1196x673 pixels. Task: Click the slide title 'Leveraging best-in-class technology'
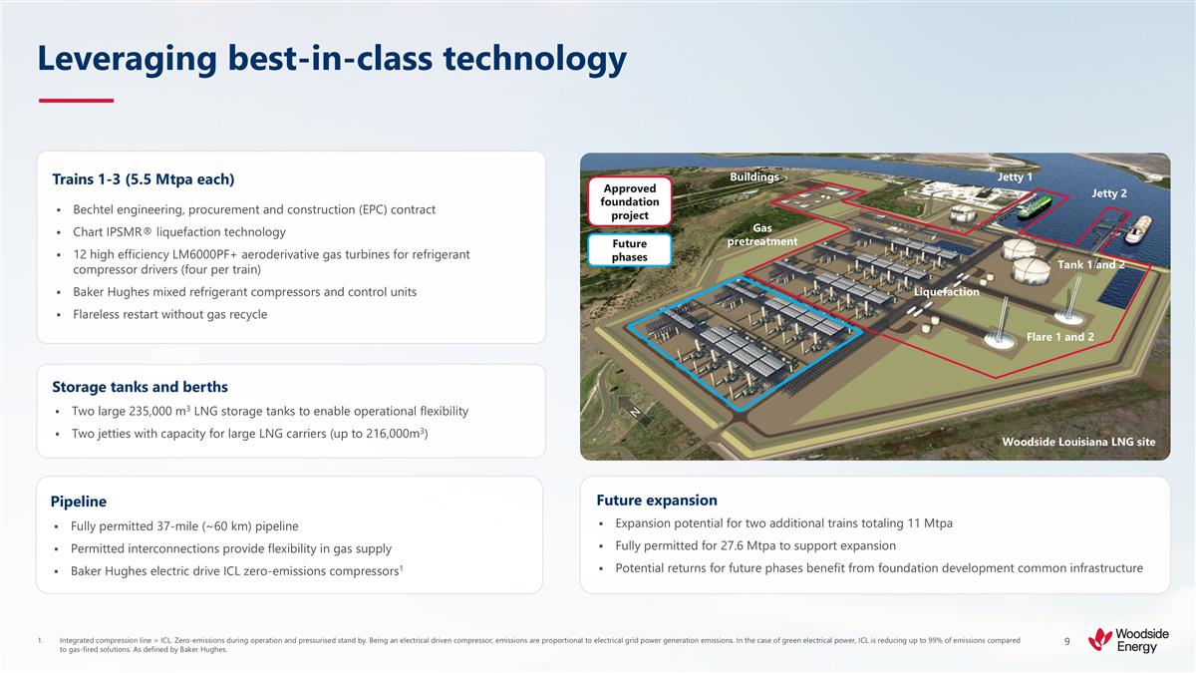point(331,60)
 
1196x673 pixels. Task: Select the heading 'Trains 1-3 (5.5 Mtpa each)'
point(143,179)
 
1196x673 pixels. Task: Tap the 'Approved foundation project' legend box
point(630,202)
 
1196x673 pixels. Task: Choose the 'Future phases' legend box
point(630,250)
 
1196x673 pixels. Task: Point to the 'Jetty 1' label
point(1015,177)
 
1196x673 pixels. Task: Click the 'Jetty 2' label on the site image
point(1108,193)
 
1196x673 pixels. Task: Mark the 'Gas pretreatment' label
point(761,235)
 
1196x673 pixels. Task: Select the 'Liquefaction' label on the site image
point(946,292)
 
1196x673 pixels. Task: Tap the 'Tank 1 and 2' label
point(1090,264)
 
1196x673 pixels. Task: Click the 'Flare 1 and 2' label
point(1059,337)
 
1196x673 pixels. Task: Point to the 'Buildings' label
point(753,177)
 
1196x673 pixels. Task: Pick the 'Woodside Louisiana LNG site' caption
point(1077,442)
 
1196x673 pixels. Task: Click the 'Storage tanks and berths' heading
point(140,387)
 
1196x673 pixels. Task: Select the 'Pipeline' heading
point(79,501)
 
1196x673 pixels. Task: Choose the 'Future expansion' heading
point(656,501)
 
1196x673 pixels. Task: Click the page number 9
point(1066,641)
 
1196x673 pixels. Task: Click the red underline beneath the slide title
point(76,101)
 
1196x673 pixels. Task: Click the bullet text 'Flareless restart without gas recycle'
point(169,315)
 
